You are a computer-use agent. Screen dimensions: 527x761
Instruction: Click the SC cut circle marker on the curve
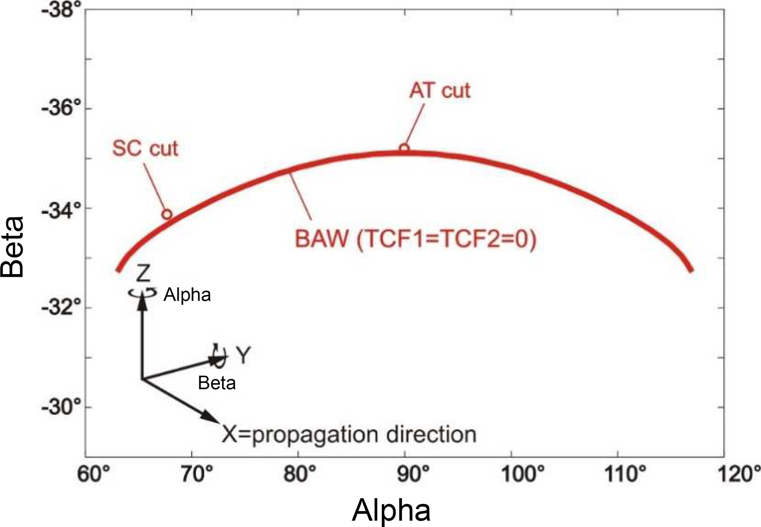[x=167, y=214]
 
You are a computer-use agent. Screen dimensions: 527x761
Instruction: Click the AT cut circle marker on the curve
[x=404, y=149]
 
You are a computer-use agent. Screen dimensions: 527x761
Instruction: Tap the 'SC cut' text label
[x=145, y=149]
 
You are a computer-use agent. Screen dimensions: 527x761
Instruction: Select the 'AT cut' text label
[x=440, y=91]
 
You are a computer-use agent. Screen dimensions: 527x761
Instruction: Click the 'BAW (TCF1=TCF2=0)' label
[x=416, y=239]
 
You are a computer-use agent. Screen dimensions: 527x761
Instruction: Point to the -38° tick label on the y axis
[x=61, y=9]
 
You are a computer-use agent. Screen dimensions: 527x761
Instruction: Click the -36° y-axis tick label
[x=61, y=109]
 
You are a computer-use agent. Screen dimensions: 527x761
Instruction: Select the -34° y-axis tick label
[x=61, y=208]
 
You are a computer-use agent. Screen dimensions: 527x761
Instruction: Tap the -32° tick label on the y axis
[x=61, y=308]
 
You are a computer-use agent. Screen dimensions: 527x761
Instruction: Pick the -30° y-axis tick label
[x=61, y=407]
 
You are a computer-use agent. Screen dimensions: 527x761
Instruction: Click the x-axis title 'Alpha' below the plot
[x=391, y=510]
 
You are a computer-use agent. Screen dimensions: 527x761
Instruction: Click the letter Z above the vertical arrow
[x=143, y=273]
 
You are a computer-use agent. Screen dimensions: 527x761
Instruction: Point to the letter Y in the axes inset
[x=243, y=355]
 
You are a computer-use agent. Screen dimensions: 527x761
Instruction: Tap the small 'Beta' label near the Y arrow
[x=217, y=383]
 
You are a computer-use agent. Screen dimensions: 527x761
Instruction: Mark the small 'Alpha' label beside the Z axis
[x=187, y=295]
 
